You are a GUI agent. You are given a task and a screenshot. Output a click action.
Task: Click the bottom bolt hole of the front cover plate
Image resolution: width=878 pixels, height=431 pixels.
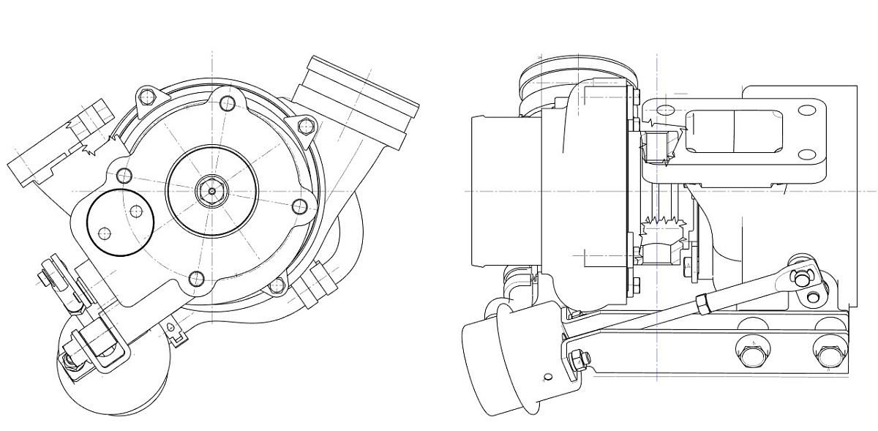pyautogui.click(x=195, y=278)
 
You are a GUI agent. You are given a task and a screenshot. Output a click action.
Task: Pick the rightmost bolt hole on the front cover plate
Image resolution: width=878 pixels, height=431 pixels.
pyautogui.click(x=299, y=205)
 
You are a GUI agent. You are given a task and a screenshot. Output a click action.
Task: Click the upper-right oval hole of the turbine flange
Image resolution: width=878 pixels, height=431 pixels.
pyautogui.click(x=807, y=110)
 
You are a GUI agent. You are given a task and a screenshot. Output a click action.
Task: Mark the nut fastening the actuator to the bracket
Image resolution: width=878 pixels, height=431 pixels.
pyautogui.click(x=578, y=359)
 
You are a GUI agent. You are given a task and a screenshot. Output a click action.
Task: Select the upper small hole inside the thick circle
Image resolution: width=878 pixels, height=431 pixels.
pyautogui.click(x=136, y=211)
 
